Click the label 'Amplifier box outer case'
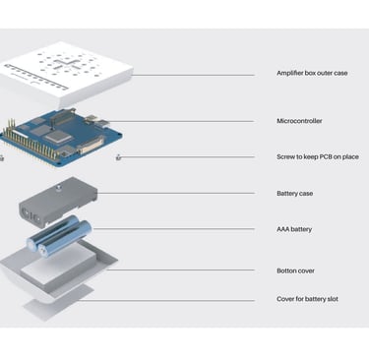pos(312,73)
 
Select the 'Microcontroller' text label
pos(299,121)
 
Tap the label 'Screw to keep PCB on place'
pos(318,156)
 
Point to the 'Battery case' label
pos(294,194)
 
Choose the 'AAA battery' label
pos(294,229)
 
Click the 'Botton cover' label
pos(295,270)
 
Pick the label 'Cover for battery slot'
pos(307,299)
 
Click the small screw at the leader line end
pos(118,158)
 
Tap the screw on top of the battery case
pos(59,188)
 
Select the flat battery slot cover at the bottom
pos(59,303)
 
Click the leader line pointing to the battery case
pos(176,193)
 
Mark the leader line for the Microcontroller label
pos(180,121)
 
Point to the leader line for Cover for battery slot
pos(166,300)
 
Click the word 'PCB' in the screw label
pos(325,156)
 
